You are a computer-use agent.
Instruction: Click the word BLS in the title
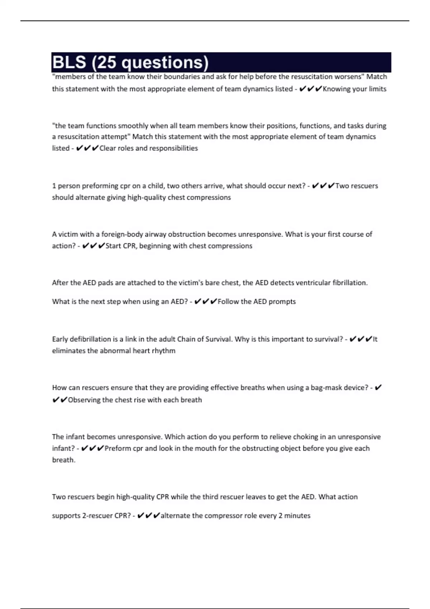(x=69, y=62)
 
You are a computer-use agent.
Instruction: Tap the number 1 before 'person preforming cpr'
(x=54, y=186)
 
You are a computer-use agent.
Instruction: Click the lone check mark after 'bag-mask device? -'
(x=378, y=388)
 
